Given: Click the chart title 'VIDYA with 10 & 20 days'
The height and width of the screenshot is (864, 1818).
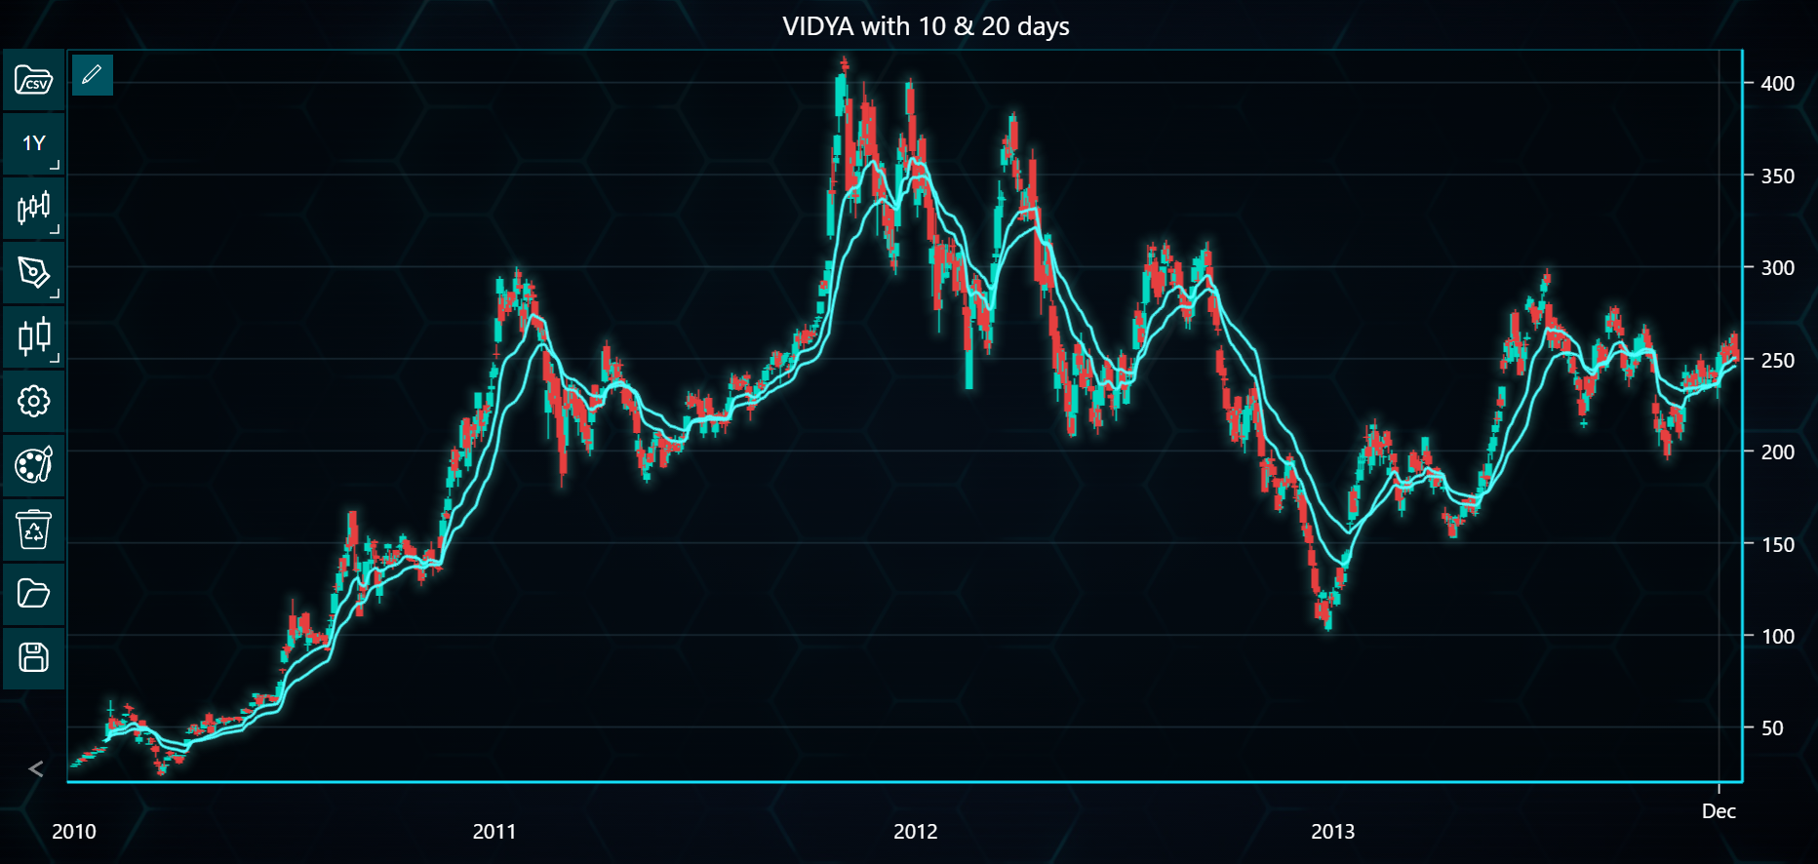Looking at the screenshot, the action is tap(926, 26).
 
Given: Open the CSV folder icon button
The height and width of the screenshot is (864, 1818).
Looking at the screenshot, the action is tap(34, 80).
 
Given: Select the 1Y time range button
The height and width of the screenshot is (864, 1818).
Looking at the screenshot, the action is tap(34, 143).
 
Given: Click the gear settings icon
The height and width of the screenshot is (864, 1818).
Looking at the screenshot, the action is tap(34, 401).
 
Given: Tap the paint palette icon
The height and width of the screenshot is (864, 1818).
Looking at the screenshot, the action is tap(34, 465).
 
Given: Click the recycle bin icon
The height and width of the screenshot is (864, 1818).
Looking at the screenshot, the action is tap(34, 530).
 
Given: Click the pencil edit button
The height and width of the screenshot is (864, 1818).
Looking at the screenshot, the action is tap(93, 75).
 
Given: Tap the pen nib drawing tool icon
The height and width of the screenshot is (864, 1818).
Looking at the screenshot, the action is tap(34, 272).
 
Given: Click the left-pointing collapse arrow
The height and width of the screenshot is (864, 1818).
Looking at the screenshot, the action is tap(36, 769).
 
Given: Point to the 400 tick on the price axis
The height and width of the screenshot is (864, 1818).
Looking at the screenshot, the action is tap(1777, 84).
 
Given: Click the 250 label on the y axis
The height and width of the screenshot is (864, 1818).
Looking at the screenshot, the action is tap(1777, 361).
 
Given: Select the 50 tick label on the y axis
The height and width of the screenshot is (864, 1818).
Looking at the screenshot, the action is tap(1772, 728).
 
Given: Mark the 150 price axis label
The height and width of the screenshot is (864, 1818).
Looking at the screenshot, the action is tap(1777, 545).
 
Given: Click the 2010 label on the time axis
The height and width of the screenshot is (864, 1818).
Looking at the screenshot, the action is tap(74, 832).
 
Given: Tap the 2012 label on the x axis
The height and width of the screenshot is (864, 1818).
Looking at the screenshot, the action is tap(916, 832).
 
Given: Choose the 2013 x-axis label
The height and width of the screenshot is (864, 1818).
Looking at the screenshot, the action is tap(1333, 832).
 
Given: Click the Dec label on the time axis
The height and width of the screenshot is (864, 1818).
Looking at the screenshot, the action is tap(1719, 811).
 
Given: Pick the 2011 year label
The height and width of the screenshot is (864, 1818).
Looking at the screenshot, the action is tap(494, 832).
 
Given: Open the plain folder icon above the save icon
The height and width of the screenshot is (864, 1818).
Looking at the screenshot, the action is tap(34, 594).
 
